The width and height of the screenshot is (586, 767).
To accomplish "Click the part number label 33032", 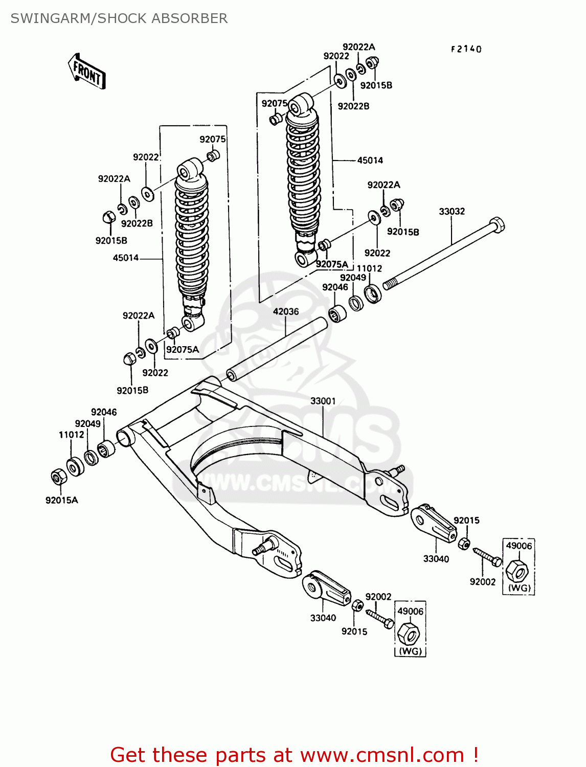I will pyautogui.click(x=452, y=211).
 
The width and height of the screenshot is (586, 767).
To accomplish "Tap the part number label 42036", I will pyautogui.click(x=285, y=311).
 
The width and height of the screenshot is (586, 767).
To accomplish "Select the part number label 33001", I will pyautogui.click(x=323, y=401).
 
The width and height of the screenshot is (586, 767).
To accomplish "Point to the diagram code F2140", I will pyautogui.click(x=466, y=49).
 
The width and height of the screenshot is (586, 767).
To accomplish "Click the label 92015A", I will pyautogui.click(x=61, y=500).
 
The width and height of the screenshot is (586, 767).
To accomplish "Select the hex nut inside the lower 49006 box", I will pyautogui.click(x=409, y=634).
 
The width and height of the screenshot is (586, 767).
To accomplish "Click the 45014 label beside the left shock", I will pyautogui.click(x=126, y=258).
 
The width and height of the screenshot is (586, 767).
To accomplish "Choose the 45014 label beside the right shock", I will pyautogui.click(x=370, y=161).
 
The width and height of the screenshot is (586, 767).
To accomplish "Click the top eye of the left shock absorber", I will pyautogui.click(x=190, y=169).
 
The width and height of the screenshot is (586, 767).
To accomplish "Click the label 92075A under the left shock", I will pyautogui.click(x=182, y=350).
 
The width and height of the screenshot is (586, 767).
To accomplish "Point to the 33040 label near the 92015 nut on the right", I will pyautogui.click(x=436, y=559).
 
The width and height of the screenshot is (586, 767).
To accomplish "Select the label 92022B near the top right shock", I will pyautogui.click(x=353, y=106).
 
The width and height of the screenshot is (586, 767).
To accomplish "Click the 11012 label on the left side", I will pyautogui.click(x=71, y=435).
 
